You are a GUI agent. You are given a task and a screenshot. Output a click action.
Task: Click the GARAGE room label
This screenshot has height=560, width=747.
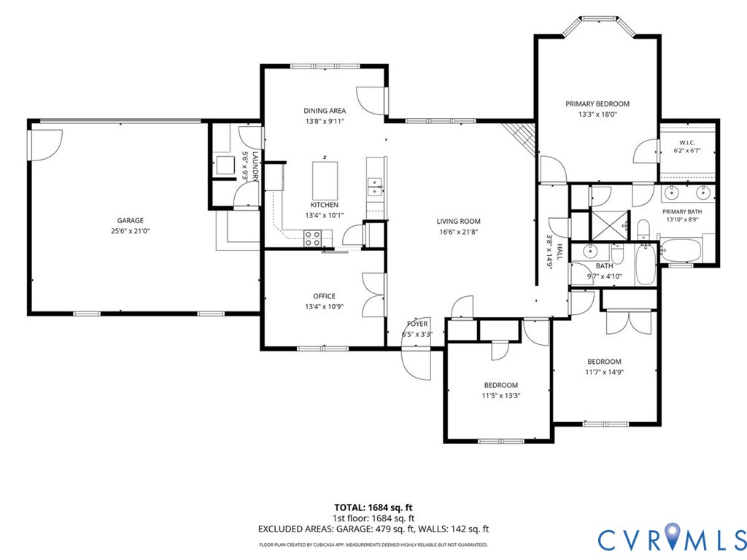[x=131, y=220]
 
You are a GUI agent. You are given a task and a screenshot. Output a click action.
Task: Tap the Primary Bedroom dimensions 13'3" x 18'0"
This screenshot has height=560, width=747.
[x=597, y=114]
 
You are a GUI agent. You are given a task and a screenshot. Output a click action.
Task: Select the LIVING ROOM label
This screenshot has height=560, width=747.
[x=458, y=221]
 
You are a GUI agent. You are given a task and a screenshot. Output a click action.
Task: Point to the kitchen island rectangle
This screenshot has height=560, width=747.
[x=325, y=182]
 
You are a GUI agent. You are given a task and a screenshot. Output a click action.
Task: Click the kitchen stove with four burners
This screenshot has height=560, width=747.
[x=312, y=238]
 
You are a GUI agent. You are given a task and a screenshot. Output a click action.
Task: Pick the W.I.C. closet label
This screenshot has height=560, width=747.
[x=687, y=142]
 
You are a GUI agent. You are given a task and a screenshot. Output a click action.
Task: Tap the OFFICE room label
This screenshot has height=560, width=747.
[x=324, y=296]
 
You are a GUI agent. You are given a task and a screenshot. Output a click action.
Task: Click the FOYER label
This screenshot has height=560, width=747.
[x=417, y=324]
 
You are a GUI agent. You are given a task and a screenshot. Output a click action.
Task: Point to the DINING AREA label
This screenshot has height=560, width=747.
[x=325, y=111]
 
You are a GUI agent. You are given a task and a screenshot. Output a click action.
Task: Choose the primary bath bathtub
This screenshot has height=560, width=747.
[x=681, y=251]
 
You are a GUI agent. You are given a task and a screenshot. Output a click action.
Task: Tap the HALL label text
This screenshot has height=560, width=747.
[x=560, y=251]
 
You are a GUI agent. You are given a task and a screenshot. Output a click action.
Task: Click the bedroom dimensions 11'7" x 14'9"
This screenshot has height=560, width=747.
[x=604, y=372]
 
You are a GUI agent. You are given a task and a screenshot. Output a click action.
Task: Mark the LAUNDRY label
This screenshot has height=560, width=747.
[x=255, y=167]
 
